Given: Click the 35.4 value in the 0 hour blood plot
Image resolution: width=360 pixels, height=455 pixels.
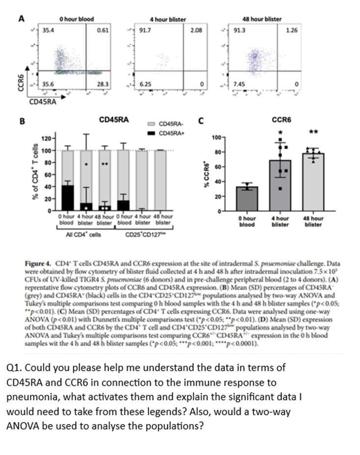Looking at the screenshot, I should point(48,30).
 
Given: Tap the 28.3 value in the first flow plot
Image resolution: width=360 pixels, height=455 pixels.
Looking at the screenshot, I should point(103,84).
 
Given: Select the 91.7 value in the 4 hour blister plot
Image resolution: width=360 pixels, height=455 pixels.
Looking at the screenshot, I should point(145,30).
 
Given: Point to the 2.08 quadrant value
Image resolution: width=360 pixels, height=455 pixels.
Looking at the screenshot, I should point(195,30).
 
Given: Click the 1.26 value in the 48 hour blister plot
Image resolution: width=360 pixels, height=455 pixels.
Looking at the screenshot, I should point(291,30).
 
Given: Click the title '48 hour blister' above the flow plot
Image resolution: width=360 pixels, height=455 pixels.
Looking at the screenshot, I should point(262,19).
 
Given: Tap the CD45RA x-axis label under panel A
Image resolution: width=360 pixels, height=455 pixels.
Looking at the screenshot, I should point(41,102).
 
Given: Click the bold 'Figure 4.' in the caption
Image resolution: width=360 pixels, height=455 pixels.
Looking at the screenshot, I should point(37,263).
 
